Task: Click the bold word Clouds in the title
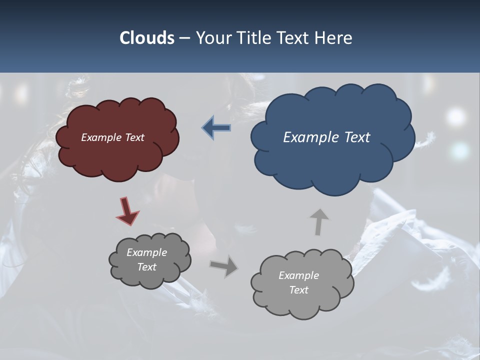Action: pos(146,38)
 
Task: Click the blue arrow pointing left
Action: pos(216,128)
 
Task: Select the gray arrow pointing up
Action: pos(318,221)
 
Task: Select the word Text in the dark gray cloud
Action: pos(146,267)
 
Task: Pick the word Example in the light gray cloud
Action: pos(298,275)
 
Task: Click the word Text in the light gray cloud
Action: pos(298,290)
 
